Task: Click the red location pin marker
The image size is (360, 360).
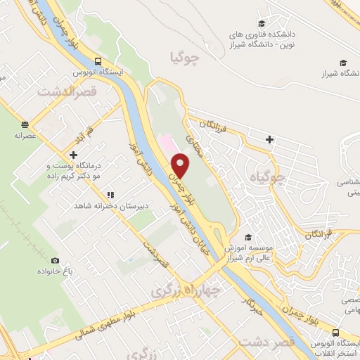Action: click(x=181, y=165)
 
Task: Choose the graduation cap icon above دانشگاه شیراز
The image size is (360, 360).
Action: click(x=342, y=62)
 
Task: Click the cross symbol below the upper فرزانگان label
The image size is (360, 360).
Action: click(x=269, y=139)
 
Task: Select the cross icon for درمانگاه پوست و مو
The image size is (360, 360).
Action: click(x=73, y=155)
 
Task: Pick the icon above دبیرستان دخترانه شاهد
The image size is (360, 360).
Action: click(x=110, y=195)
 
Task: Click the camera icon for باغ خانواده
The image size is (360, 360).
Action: click(x=54, y=260)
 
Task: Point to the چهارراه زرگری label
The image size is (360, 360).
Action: click(x=191, y=289)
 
